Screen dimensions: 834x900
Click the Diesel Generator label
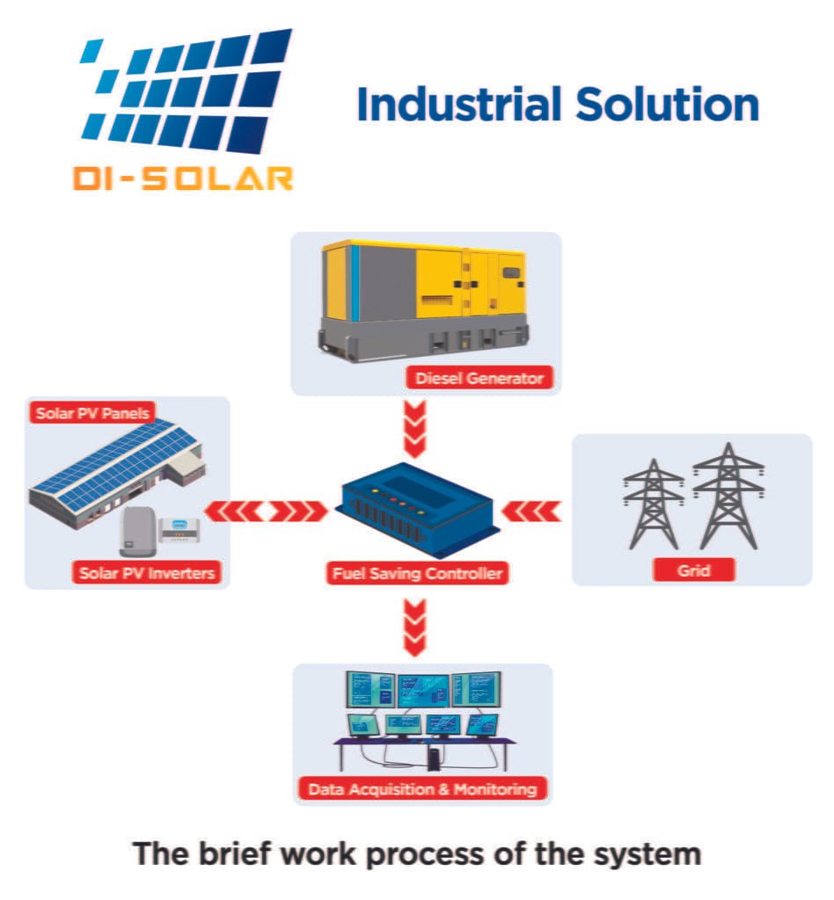[479, 378]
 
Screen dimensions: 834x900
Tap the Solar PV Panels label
[91, 413]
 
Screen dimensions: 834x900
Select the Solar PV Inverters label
[146, 573]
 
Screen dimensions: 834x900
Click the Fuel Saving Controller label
[418, 573]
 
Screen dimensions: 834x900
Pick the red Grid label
[694, 570]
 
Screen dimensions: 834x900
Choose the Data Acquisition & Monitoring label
[422, 789]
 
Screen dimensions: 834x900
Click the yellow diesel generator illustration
[423, 301]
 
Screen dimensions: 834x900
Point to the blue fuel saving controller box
[414, 511]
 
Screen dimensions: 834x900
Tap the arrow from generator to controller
[414, 429]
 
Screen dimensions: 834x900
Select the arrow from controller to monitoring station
[414, 628]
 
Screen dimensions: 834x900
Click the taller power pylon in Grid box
[728, 496]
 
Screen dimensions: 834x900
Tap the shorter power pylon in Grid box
[654, 504]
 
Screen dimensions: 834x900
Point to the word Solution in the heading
[667, 105]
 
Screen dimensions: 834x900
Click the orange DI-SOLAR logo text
[183, 178]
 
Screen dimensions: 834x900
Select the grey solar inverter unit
[138, 532]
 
